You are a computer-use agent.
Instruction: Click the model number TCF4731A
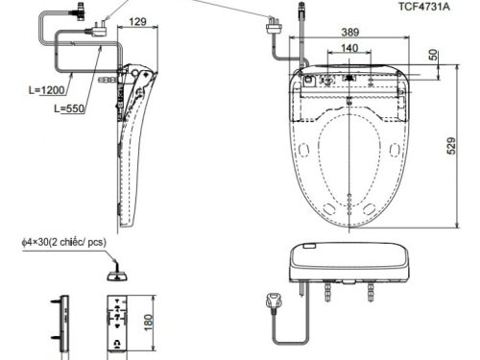coord(423,7)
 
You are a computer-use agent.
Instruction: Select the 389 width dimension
coord(350,32)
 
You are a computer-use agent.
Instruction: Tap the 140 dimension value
coord(349,48)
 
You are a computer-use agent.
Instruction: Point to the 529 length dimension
coord(450,146)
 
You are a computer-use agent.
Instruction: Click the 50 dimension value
coord(433,55)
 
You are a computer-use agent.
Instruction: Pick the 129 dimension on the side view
coord(137,22)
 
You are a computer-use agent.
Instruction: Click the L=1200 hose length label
coord(47,90)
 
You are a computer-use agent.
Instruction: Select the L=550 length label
coord(69,108)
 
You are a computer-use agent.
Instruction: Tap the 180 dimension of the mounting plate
coord(148,323)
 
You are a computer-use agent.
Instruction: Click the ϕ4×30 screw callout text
coord(63,242)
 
